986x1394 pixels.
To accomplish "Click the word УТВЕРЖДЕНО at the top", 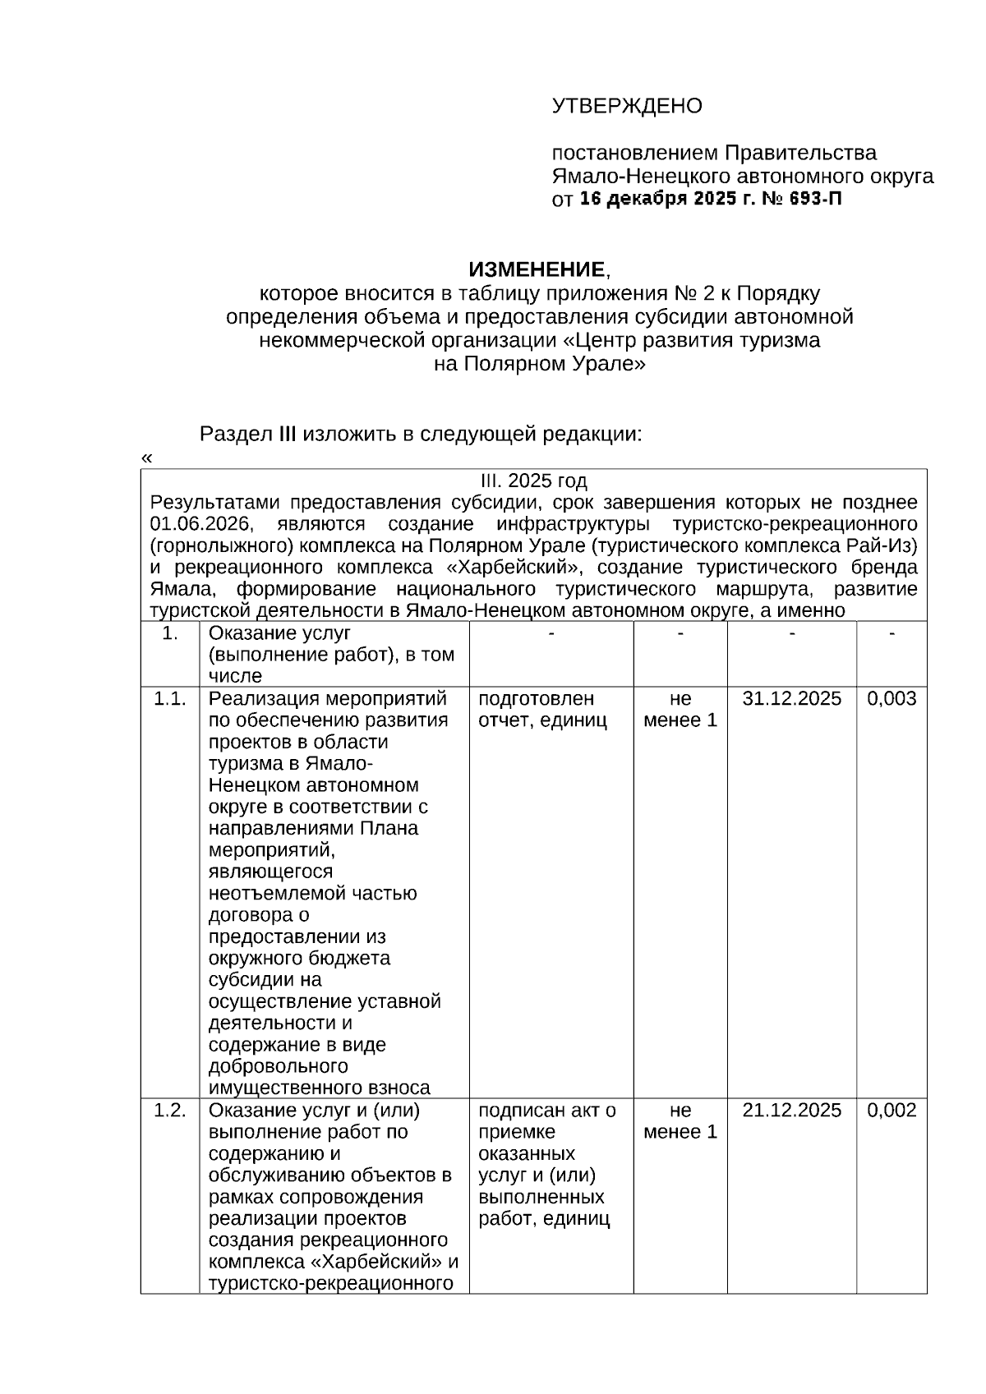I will (x=627, y=106).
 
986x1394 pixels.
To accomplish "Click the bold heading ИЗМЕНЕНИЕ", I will (x=537, y=269).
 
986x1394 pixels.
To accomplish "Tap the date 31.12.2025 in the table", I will (x=791, y=698).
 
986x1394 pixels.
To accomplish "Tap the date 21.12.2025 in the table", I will (x=791, y=1110).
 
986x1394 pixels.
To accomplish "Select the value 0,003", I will (x=892, y=698).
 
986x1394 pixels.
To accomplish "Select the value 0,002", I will (x=892, y=1110).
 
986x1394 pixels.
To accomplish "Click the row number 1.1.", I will (x=170, y=698).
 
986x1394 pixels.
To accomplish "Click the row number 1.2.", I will (x=170, y=1110).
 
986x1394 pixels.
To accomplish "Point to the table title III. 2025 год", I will (x=533, y=481).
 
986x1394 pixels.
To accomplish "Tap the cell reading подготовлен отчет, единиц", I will (x=542, y=710).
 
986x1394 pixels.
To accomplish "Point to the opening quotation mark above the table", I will (x=147, y=458).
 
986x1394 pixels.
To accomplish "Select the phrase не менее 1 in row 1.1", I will (x=680, y=710).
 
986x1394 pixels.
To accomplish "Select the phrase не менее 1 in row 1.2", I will (x=680, y=1121).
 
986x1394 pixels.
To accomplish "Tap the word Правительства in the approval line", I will (x=799, y=153).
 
